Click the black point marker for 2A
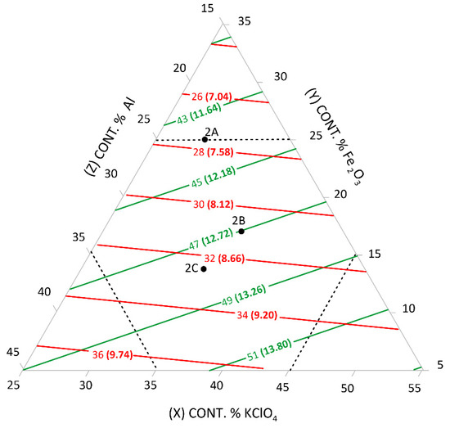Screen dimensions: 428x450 (x=205, y=140)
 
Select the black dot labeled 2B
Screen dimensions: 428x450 (x=241, y=231)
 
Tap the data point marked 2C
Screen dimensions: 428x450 (x=204, y=269)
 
